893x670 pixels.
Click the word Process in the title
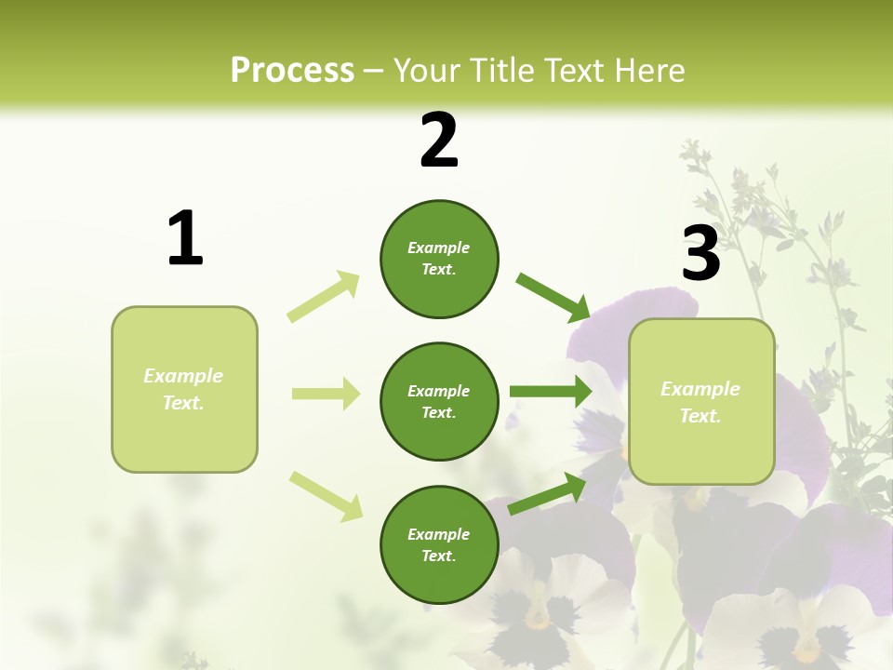(x=292, y=70)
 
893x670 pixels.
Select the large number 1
(x=185, y=238)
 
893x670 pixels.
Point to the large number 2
(x=439, y=141)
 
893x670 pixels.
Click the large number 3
(x=700, y=254)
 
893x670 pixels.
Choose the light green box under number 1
(x=184, y=389)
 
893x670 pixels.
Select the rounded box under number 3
(x=701, y=401)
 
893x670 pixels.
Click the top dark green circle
(x=439, y=259)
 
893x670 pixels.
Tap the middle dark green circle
(x=439, y=401)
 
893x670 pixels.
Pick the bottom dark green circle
(x=439, y=544)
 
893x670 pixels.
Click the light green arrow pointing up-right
(x=324, y=296)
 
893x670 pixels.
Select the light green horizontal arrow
(x=326, y=394)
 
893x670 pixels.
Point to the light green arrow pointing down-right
(x=326, y=496)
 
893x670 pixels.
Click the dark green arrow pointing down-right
(x=553, y=298)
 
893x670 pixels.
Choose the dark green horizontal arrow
(x=550, y=391)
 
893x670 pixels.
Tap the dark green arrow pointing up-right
(x=548, y=494)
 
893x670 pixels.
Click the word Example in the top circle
(x=439, y=248)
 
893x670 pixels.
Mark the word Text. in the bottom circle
(x=439, y=556)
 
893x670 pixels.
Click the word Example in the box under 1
(x=183, y=376)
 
